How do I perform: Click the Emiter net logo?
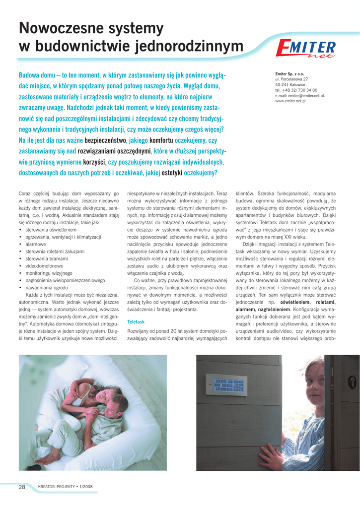pos(306,50)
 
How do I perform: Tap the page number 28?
pos(22,487)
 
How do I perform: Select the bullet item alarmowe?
pos(36,245)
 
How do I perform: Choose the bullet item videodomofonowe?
pos(44,266)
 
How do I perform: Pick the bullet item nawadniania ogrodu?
pos(47,288)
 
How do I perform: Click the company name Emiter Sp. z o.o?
pos(290,74)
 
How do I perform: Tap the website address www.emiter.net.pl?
pos(293,101)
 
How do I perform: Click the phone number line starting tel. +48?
pos(296,90)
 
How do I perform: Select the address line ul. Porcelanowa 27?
pos(291,79)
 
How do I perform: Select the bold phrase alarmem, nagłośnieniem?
pos(261,309)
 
